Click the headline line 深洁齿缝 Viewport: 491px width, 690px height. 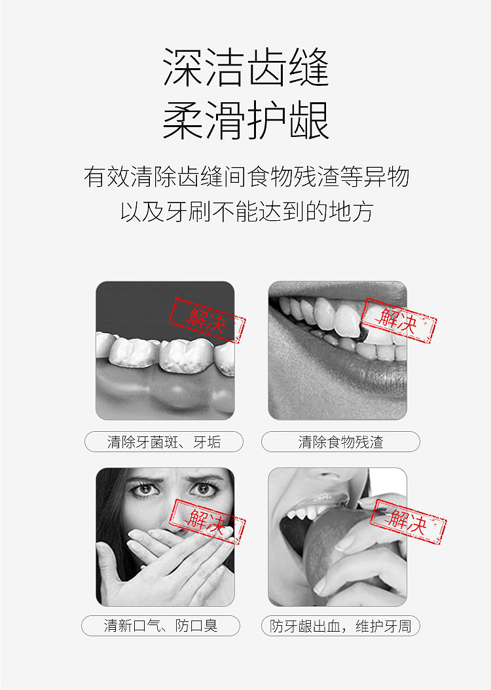click(x=245, y=67)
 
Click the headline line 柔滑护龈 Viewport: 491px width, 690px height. click(x=245, y=120)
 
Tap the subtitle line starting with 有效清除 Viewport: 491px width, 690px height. click(x=246, y=176)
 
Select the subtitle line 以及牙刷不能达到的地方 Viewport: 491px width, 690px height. click(x=247, y=211)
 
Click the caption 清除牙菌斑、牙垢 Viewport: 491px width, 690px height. click(x=164, y=442)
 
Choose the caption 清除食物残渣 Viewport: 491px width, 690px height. click(x=340, y=442)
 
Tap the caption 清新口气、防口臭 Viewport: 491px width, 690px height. click(x=161, y=625)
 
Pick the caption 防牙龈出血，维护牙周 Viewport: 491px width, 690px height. click(x=340, y=626)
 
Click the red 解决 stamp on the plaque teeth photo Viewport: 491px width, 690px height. click(x=207, y=320)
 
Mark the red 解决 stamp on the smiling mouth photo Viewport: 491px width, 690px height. click(x=399, y=320)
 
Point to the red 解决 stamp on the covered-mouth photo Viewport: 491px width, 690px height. click(x=207, y=522)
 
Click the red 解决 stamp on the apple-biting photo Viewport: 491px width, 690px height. click(x=408, y=522)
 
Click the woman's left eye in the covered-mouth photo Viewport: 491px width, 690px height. click(x=204, y=488)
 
